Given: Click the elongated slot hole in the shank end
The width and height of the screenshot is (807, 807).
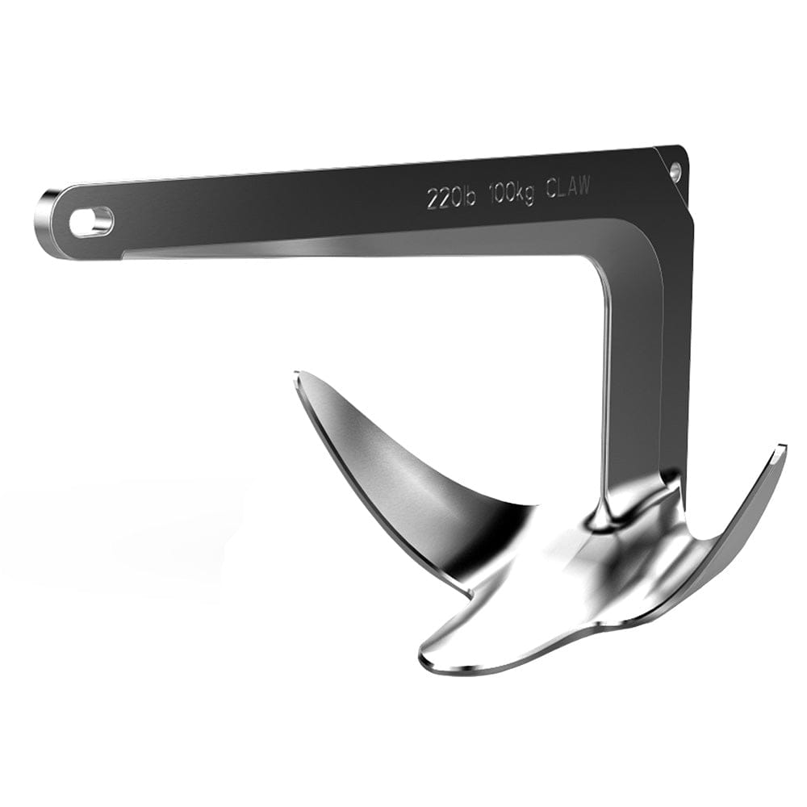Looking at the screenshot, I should pyautogui.click(x=90, y=221).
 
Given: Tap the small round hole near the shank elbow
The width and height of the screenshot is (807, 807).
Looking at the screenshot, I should pyautogui.click(x=675, y=170).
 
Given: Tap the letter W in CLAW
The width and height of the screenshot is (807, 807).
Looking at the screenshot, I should pyautogui.click(x=583, y=186).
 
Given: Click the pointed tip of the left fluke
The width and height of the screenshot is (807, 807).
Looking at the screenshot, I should pyautogui.click(x=298, y=376).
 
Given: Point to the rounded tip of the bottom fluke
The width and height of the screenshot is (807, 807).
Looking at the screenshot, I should pyautogui.click(x=432, y=660).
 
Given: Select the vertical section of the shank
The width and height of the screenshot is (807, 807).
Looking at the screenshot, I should pyautogui.click(x=638, y=379).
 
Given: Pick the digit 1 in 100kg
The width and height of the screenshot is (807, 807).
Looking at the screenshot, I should pyautogui.click(x=491, y=194).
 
